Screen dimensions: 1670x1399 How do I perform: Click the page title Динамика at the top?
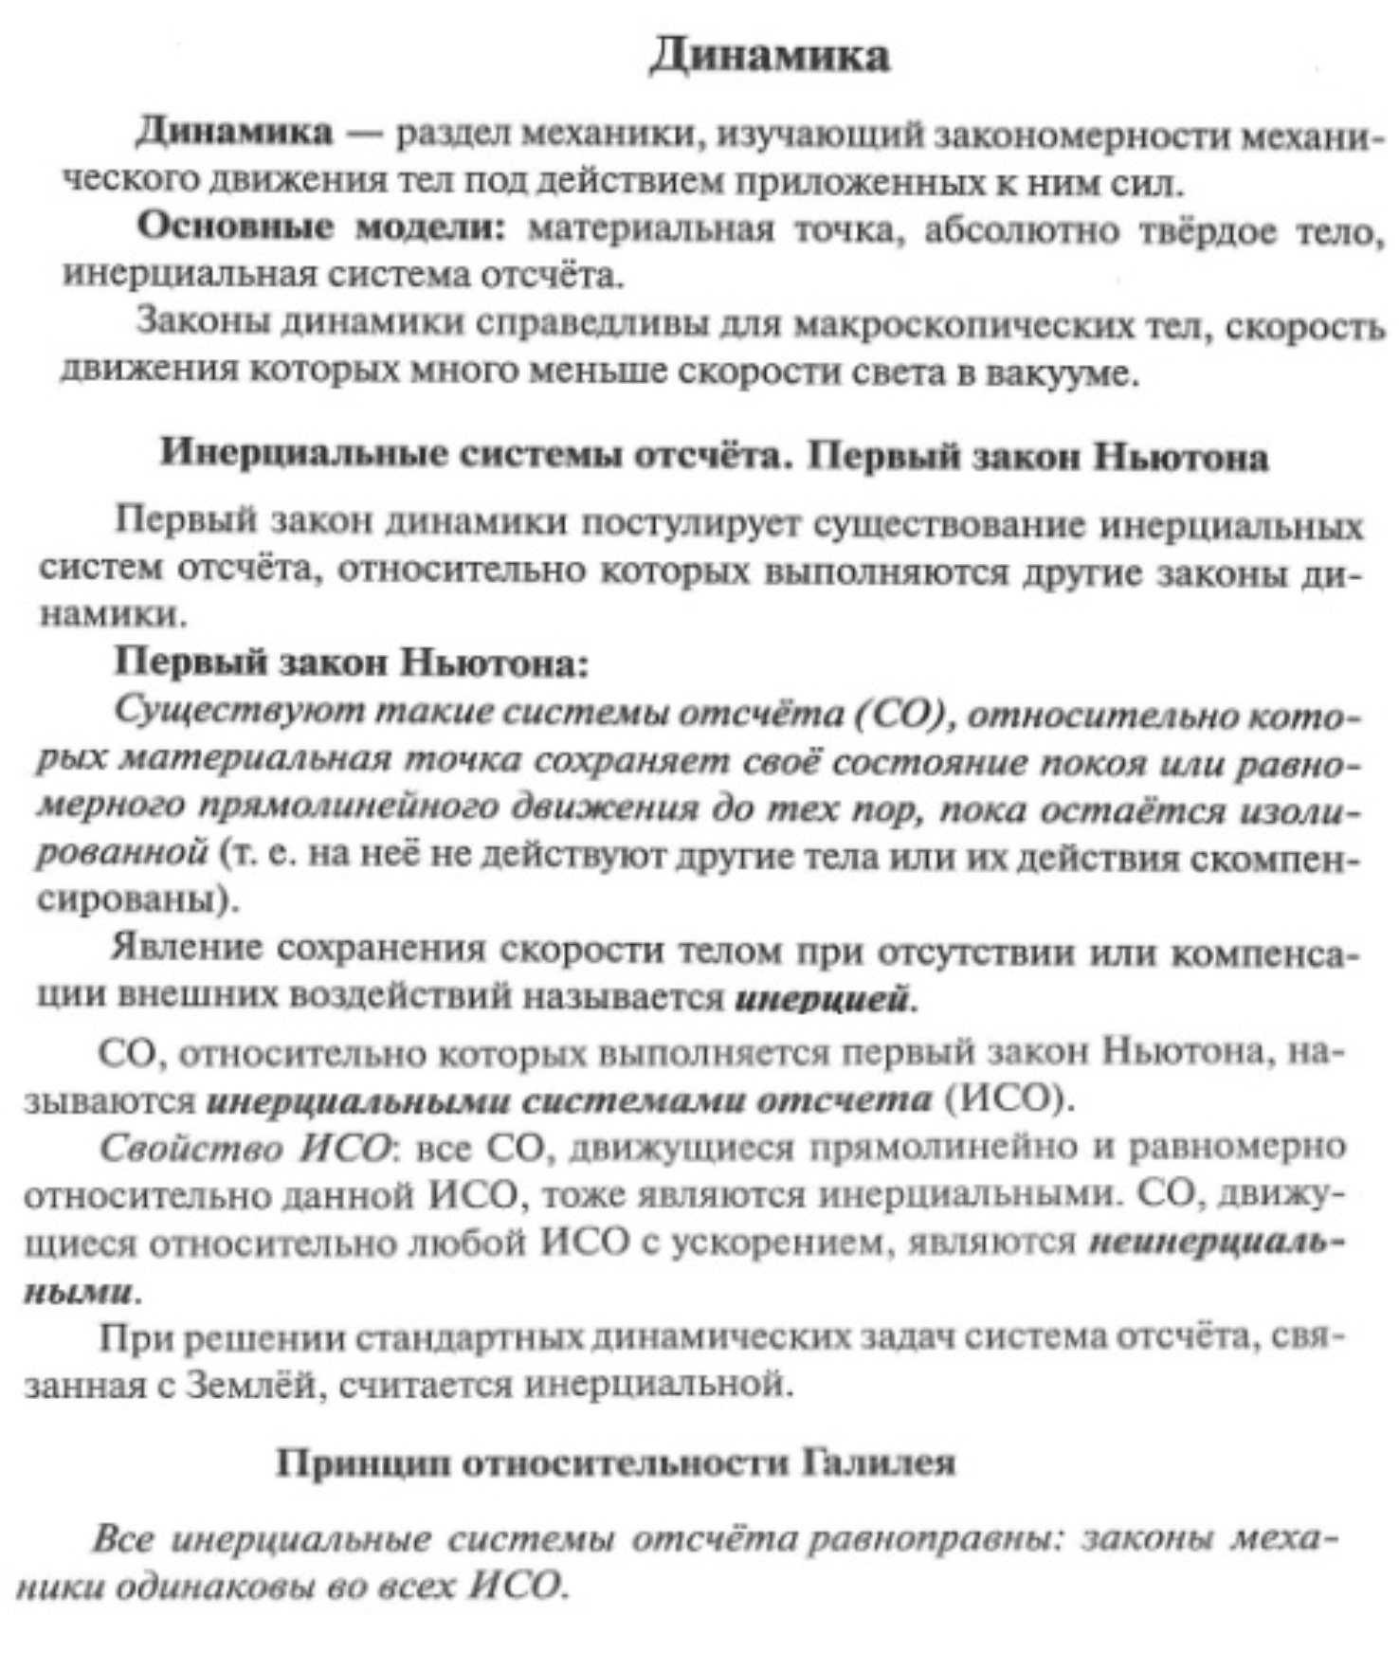[769, 56]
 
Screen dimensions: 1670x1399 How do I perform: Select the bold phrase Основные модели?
[321, 228]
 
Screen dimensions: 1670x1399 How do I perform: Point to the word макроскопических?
[963, 325]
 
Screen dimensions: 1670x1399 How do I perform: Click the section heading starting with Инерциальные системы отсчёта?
[713, 457]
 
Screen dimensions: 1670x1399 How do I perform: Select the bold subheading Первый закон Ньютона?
[352, 663]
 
